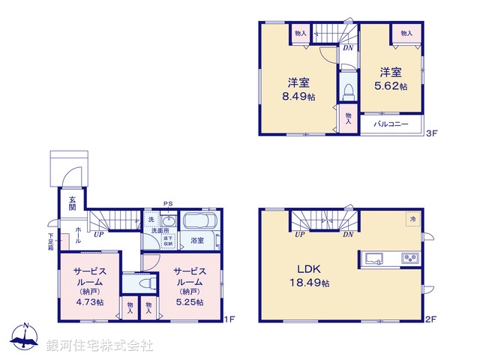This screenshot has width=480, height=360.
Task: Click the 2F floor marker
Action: pos(430,319)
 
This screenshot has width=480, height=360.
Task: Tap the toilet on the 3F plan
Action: pos(348,91)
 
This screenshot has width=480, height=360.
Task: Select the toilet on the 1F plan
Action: pos(148,283)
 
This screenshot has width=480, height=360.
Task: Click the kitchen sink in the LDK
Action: pos(373,259)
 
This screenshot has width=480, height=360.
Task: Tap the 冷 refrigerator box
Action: pos(412,219)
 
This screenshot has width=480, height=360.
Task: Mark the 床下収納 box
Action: pos(169,240)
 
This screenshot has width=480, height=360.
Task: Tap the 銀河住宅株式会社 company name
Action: pos(100,346)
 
